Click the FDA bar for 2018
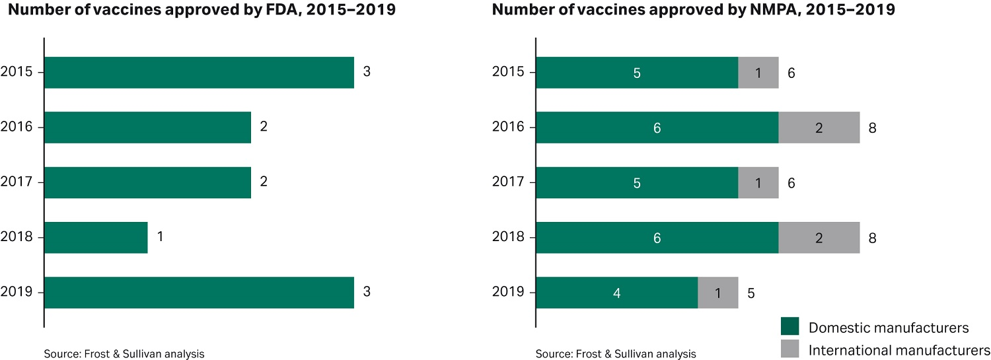96,237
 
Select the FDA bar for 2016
147,127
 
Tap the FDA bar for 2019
199,293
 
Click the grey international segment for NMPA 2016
819,127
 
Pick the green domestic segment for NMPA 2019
616,293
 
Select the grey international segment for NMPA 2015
758,73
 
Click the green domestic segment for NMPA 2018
657,237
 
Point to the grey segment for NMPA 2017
758,182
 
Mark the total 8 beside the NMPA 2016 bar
872,127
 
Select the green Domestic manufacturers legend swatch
789,326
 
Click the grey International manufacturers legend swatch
789,349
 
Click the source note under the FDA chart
124,353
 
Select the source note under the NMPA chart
616,353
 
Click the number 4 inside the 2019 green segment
616,293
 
